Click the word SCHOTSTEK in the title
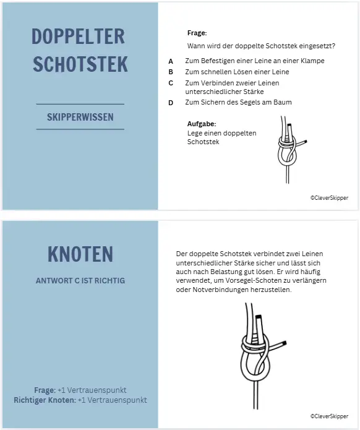pos(80,64)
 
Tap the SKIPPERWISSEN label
pos(80,116)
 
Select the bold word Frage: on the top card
pos(197,33)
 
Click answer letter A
pos(171,61)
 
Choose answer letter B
pos(171,72)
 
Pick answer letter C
pos(171,83)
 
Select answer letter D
pos(171,103)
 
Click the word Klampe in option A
pos(312,61)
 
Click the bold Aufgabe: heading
pos(201,124)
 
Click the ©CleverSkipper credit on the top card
pos(329,198)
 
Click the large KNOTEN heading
pos(80,254)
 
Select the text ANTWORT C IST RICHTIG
pos(80,281)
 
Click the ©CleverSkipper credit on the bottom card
pos(329,416)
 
